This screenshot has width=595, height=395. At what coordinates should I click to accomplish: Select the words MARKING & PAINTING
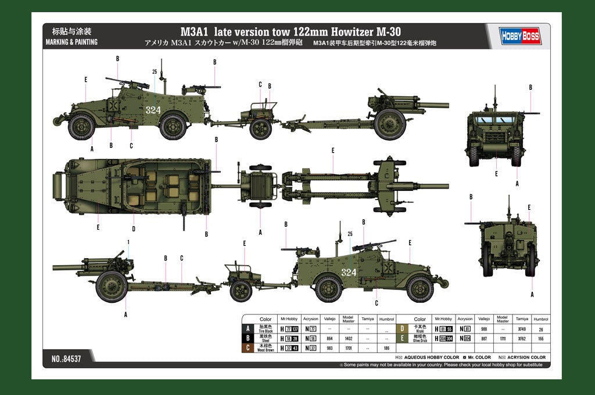(x=71, y=42)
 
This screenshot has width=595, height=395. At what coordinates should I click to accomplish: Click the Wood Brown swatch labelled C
(x=249, y=347)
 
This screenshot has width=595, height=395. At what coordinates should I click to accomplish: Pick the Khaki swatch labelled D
(x=403, y=328)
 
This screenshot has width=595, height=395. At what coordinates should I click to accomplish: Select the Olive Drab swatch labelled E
(x=403, y=338)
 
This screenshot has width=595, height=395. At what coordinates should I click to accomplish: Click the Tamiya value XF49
(x=522, y=328)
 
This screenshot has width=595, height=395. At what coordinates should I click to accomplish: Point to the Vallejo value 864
(x=330, y=338)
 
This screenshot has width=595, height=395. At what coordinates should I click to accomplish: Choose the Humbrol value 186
(x=386, y=347)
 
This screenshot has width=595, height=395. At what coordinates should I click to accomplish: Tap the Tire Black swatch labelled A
(x=249, y=328)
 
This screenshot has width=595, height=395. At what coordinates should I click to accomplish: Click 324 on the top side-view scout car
(x=153, y=110)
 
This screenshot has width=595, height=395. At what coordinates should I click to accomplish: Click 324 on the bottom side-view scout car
(x=349, y=272)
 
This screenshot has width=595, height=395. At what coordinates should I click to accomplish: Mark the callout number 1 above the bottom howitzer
(x=128, y=241)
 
